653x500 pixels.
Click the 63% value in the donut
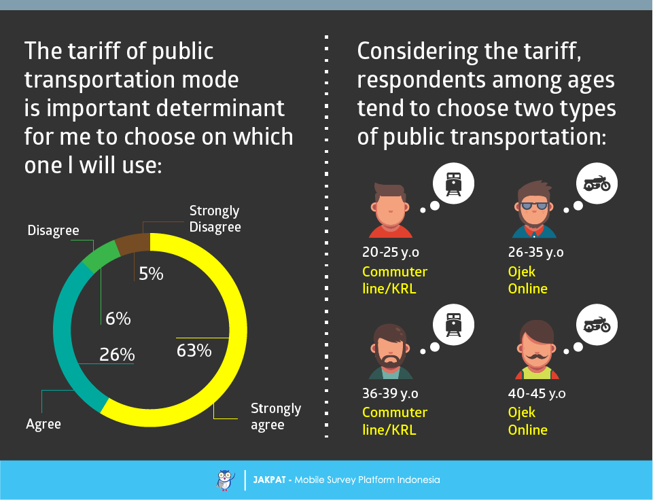194,351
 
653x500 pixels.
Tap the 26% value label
117,355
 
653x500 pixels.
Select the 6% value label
118,318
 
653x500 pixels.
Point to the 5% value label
151,274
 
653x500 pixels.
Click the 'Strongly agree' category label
276,416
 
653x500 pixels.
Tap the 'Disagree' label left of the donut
53,230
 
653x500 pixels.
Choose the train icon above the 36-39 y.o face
453,325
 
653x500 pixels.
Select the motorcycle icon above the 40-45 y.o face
597,325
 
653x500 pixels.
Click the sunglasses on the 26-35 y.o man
534,206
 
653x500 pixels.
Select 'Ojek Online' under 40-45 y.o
527,421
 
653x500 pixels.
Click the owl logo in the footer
225,480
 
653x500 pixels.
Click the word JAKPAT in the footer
268,480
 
